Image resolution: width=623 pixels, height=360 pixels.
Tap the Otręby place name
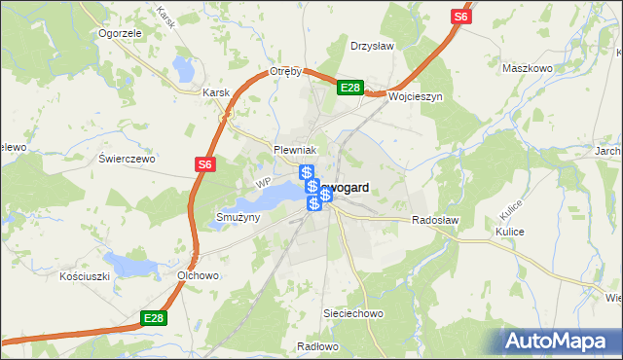[287, 72]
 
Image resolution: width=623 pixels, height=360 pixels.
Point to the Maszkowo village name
[528, 69]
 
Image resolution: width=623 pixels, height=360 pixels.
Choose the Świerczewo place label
[128, 158]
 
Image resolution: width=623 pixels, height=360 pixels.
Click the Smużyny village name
[238, 217]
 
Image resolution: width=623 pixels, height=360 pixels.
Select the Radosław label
[435, 221]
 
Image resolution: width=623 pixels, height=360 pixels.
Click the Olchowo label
[197, 275]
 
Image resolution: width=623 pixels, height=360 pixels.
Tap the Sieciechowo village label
[353, 314]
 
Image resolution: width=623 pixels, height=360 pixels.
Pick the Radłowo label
[317, 345]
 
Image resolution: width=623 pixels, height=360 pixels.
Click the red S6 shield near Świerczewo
[203, 165]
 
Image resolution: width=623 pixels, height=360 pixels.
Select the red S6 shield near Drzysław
[460, 18]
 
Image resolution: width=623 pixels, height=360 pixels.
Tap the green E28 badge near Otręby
[350, 89]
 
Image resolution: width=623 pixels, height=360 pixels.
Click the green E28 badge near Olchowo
[153, 318]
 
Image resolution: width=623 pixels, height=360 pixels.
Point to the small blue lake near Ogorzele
[183, 68]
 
